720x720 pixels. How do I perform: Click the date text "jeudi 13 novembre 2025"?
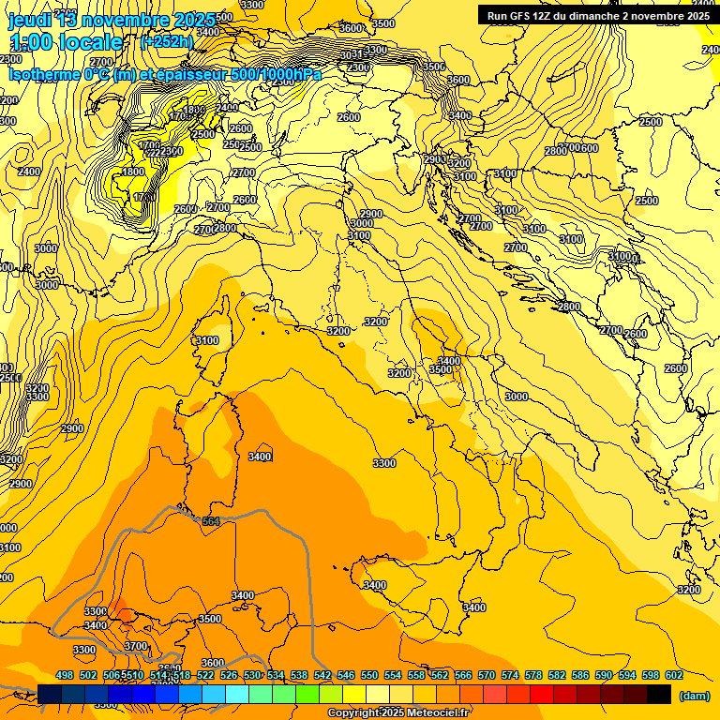(111, 20)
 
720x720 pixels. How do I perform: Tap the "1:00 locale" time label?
(66, 42)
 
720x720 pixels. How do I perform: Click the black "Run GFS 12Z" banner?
(598, 15)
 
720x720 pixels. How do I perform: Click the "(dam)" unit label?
(693, 695)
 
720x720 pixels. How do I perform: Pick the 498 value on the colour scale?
(65, 675)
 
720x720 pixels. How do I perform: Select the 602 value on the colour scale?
(673, 675)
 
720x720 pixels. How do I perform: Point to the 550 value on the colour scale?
(369, 675)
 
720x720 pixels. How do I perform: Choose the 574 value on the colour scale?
(510, 675)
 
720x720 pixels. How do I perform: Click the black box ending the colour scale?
(659, 694)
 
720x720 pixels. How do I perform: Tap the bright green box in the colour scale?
(307, 694)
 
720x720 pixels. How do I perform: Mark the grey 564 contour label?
(210, 521)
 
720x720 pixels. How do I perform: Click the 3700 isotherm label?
(136, 646)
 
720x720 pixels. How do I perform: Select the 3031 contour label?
(351, 55)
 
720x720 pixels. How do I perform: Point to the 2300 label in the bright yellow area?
(171, 151)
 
